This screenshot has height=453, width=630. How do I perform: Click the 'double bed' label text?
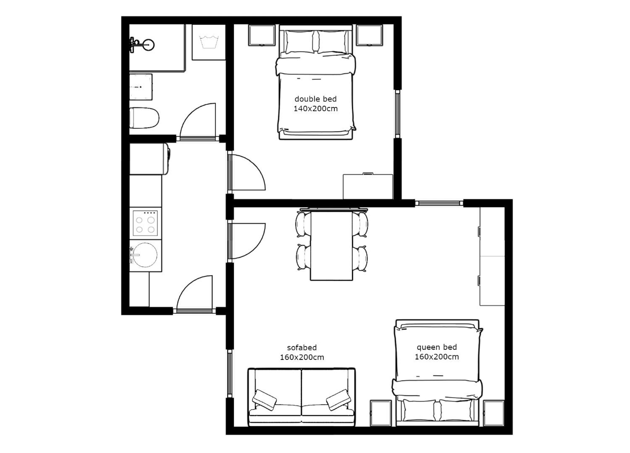click(x=316, y=99)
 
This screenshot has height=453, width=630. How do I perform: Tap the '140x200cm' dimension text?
click(x=316, y=109)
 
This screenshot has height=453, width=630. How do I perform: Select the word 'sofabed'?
click(x=302, y=348)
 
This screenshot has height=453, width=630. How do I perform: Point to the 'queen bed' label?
click(x=437, y=347)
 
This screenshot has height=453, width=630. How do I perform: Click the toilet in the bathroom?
click(x=144, y=118)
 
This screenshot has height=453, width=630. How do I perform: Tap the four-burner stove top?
click(x=145, y=223)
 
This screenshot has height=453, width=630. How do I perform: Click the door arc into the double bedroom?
click(x=257, y=166)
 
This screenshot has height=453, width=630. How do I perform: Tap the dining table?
click(x=331, y=246)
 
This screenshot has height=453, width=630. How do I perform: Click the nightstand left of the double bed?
click(x=262, y=35)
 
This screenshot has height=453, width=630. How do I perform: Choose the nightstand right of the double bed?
click(x=369, y=35)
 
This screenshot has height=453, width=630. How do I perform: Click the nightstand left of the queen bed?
click(x=381, y=413)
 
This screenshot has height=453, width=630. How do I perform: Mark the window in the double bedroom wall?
click(x=397, y=114)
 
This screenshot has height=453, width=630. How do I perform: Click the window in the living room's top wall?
click(x=439, y=203)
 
